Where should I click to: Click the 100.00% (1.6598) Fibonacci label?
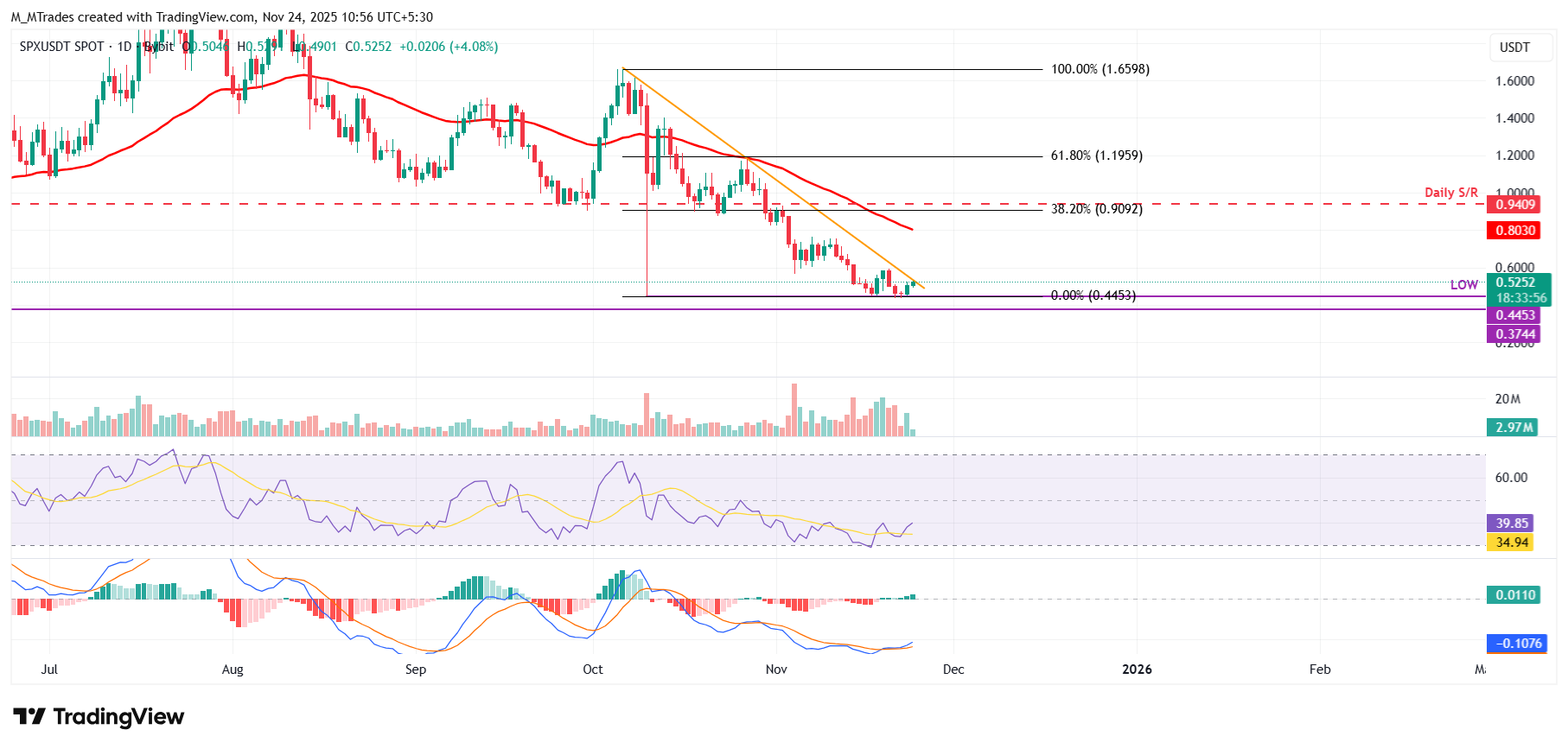pos(1100,69)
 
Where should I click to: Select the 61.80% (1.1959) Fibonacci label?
pos(1096,156)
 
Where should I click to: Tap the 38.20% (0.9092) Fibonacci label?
pos(1096,209)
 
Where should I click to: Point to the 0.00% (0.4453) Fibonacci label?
pos(1093,295)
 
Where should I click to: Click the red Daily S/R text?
pos(1450,193)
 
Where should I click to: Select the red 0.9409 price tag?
pos(1515,205)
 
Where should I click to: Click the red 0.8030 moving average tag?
pos(1515,231)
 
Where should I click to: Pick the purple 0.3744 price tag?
pos(1515,334)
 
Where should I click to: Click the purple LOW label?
pos(1463,284)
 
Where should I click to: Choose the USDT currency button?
pos(1514,48)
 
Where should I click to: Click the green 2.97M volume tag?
pos(1514,428)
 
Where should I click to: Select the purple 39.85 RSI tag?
pos(1512,523)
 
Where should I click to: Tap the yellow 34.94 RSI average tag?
pos(1512,543)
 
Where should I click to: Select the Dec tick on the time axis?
pos(953,670)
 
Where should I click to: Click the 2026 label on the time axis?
pos(1136,670)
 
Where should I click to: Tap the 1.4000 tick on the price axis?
pos(1514,118)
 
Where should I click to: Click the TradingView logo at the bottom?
pos(99,717)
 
